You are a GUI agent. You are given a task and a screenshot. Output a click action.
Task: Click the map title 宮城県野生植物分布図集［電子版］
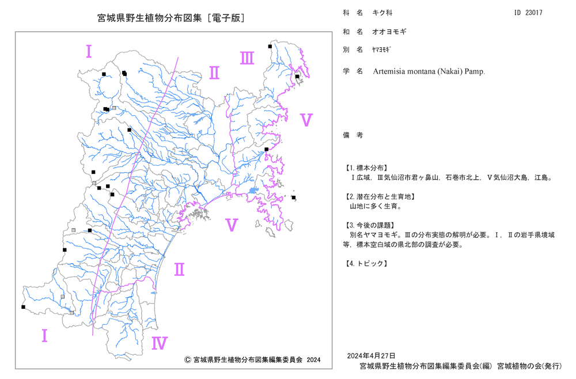pos(171,18)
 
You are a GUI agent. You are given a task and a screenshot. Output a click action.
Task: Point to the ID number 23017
pos(533,13)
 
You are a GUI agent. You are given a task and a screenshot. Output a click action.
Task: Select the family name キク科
pos(382,13)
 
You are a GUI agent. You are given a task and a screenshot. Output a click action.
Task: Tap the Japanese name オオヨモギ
pos(389,32)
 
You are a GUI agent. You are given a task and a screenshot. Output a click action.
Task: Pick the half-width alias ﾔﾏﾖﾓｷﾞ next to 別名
pos(381,50)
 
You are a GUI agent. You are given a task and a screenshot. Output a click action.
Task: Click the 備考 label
pos(353,135)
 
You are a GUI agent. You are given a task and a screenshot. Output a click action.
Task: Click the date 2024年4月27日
pos(371,356)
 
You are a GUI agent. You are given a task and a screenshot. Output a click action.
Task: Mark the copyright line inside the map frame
pos(252,360)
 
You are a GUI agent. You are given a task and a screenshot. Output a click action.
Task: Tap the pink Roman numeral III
pos(247,58)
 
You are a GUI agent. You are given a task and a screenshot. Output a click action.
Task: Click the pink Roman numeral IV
pos(160,343)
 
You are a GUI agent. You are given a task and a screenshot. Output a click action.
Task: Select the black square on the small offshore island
pos(294,198)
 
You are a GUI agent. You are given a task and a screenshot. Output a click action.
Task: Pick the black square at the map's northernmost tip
pos(270,46)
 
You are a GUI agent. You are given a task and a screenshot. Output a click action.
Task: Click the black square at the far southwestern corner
pos(23,307)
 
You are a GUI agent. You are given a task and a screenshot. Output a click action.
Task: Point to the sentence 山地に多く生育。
pos(376,206)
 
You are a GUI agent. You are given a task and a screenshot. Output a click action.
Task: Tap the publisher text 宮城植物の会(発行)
pos(529,366)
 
